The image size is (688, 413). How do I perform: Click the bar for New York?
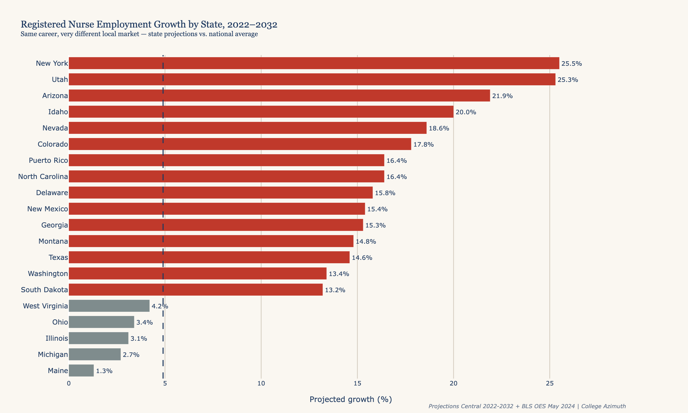click(x=314, y=63)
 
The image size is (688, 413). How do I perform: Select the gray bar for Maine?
click(x=81, y=371)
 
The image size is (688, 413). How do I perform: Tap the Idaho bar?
click(x=261, y=112)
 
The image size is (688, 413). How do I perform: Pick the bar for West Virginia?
click(x=109, y=306)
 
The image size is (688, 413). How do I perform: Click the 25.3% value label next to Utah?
click(x=568, y=80)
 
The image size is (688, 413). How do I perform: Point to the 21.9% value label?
click(x=502, y=96)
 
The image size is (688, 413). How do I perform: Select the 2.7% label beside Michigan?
click(x=131, y=355)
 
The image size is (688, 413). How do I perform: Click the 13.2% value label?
click(x=335, y=290)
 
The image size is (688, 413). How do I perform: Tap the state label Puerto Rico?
click(x=48, y=160)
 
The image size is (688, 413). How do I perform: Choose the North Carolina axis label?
click(x=43, y=177)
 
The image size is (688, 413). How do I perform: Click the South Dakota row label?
click(x=44, y=290)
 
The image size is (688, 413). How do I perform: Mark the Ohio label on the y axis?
click(x=60, y=322)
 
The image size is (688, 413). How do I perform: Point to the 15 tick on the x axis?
click(x=357, y=383)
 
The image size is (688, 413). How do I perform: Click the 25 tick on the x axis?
click(x=549, y=383)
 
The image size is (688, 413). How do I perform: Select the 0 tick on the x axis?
click(x=69, y=383)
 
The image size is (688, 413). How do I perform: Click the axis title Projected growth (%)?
click(x=351, y=399)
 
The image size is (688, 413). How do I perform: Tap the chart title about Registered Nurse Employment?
click(x=149, y=24)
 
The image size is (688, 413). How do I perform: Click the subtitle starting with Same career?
click(x=139, y=34)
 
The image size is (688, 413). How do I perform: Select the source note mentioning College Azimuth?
click(x=527, y=406)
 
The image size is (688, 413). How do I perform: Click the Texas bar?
click(x=209, y=257)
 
